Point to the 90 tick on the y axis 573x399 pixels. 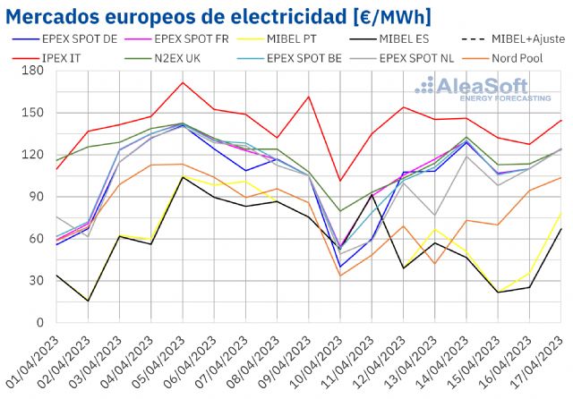35,197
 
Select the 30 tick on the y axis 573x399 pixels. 35,280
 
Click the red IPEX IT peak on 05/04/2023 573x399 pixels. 183,82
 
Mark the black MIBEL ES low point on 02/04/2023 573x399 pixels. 88,301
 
